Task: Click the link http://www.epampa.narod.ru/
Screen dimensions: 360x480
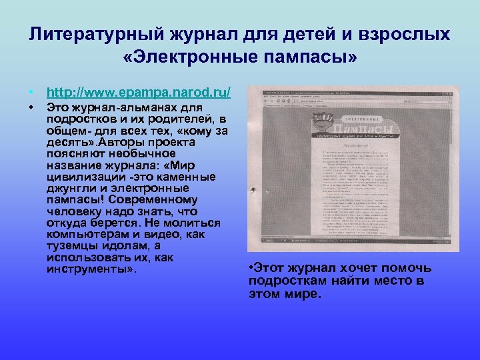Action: pyautogui.click(x=139, y=91)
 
